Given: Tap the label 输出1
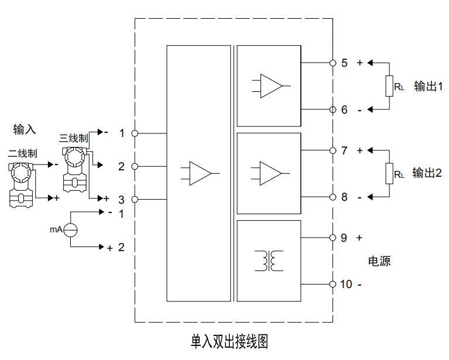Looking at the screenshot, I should (x=428, y=86).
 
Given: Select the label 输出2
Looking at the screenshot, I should (x=427, y=173).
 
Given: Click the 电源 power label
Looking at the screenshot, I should (x=379, y=261).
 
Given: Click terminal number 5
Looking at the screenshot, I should (x=345, y=63).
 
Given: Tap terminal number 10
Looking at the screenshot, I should (x=347, y=284).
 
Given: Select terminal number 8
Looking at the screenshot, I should (x=345, y=197).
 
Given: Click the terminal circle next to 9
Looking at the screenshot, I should (x=333, y=238).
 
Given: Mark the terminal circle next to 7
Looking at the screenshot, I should (x=333, y=150).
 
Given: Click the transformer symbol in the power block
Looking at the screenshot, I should (x=269, y=261).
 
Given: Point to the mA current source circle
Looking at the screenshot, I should (x=70, y=230).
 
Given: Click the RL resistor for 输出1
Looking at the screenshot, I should (x=389, y=86).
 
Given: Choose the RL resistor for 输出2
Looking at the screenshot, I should (x=389, y=174).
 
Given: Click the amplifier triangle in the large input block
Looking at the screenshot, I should (x=200, y=173).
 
